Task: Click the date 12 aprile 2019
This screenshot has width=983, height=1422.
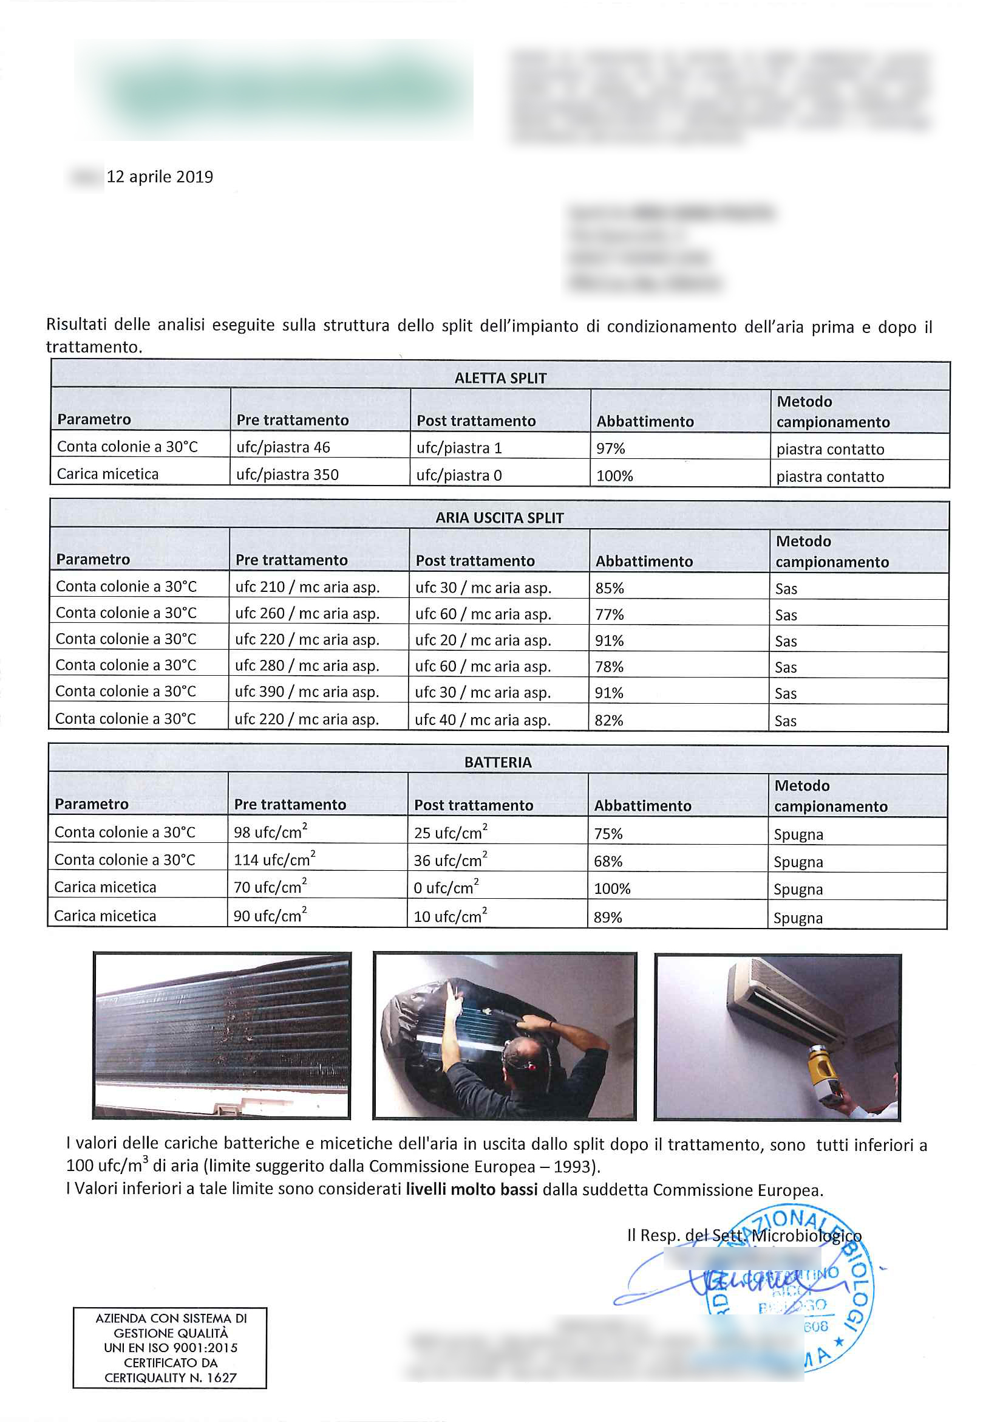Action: click(x=160, y=177)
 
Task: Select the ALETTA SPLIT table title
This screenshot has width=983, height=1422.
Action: click(x=500, y=378)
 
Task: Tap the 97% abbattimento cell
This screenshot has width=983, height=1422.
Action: click(x=610, y=448)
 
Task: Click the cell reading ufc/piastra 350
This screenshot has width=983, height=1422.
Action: click(x=288, y=475)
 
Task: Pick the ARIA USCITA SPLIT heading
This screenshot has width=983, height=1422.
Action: click(x=500, y=518)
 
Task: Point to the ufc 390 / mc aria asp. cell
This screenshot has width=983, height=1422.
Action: click(x=307, y=692)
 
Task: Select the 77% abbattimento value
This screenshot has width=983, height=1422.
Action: click(x=609, y=614)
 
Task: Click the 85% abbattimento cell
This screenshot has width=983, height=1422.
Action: click(x=610, y=588)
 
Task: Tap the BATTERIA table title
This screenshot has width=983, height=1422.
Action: click(x=498, y=763)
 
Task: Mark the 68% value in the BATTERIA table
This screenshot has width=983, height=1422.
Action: click(x=608, y=861)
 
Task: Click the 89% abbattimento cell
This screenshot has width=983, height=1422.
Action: click(x=607, y=917)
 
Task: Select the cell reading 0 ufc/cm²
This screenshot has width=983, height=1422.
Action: click(x=446, y=888)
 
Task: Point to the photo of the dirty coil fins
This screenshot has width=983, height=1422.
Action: click(x=222, y=1036)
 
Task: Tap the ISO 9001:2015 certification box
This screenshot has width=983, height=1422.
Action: click(x=170, y=1348)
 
